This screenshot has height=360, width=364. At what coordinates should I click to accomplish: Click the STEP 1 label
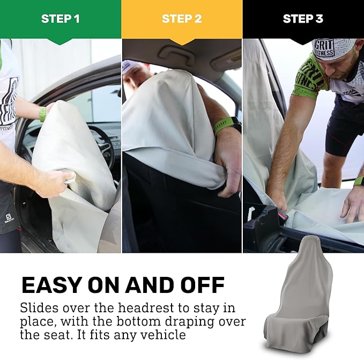[x=60, y=19]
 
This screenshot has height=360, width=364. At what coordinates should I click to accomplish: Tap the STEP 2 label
[x=182, y=19]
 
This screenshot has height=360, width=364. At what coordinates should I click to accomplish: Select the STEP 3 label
[x=303, y=19]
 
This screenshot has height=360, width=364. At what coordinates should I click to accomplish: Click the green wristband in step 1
[x=42, y=114]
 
